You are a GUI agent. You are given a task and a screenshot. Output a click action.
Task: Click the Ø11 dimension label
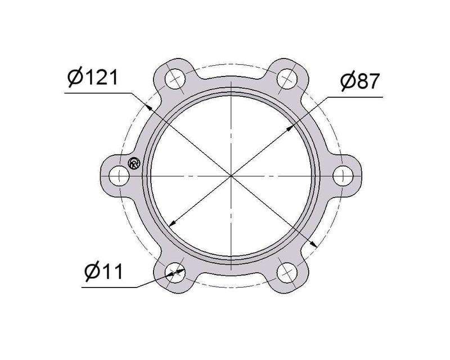tap(104, 272)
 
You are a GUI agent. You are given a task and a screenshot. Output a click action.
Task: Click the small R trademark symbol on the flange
tap(134, 163)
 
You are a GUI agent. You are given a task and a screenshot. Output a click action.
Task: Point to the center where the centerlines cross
tap(231, 175)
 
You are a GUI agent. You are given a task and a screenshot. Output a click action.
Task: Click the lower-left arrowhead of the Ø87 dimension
tap(170, 225)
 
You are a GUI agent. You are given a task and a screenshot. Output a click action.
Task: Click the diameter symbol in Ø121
tap(74, 78)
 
